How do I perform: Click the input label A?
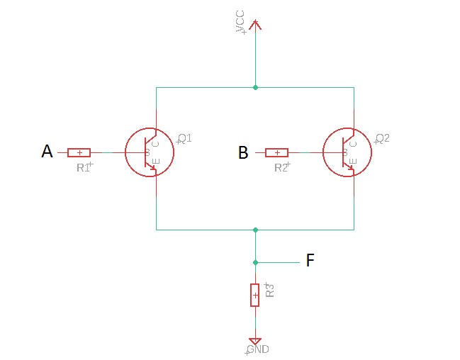(47, 152)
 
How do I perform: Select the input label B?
(243, 152)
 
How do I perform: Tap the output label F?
(310, 261)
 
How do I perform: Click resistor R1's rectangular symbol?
(79, 152)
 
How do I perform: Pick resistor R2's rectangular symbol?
(276, 152)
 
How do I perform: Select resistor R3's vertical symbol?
(255, 295)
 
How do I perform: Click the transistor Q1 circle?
(150, 152)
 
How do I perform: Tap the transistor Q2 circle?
(347, 152)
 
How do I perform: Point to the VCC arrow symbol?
(255, 24)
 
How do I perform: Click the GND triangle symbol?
(255, 342)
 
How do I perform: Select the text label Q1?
(185, 137)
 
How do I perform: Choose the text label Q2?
(383, 137)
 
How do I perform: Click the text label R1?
(84, 168)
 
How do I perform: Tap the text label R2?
(282, 168)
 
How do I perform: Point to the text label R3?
(269, 289)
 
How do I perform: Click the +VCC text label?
(240, 23)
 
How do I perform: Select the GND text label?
(257, 350)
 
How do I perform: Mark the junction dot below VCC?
(255, 88)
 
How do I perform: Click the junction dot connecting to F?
(255, 261)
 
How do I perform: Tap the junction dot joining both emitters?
(255, 230)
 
